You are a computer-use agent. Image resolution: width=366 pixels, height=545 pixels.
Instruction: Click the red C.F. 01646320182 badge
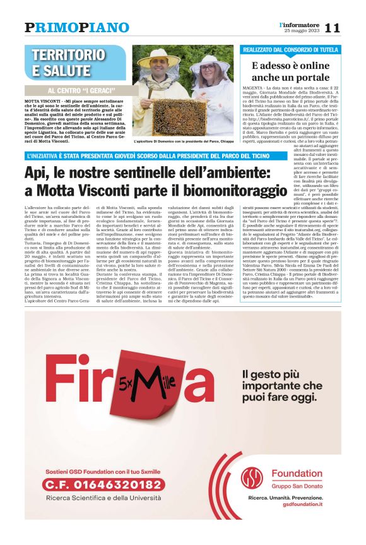[x=102, y=485]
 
